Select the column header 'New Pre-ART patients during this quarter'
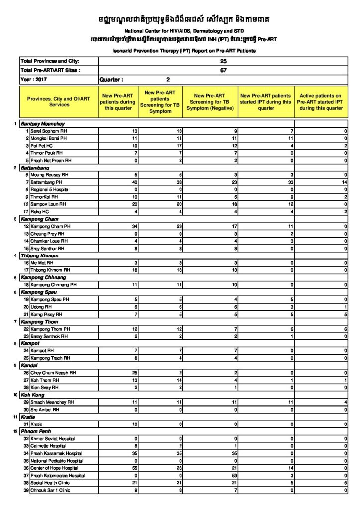pos(118,102)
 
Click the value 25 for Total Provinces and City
pos(223,61)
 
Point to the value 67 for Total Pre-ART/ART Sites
pos(223,70)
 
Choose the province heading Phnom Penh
pos(35,431)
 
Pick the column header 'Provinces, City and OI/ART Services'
pos(59,102)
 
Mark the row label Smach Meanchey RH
pos(52,402)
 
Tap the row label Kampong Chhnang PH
pos(54,285)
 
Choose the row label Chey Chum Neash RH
pos(53,372)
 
